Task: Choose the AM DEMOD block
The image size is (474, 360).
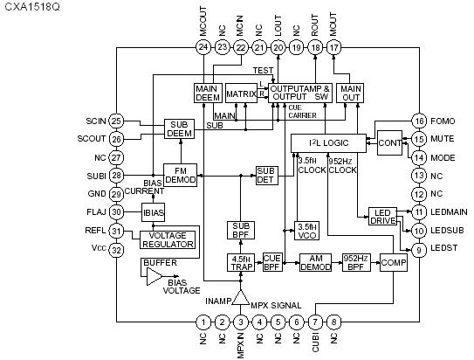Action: coord(315,262)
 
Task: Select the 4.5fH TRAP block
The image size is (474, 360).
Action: coord(241,261)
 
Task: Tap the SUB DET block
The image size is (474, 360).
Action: coord(265,174)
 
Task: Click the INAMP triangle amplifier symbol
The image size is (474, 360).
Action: coord(240,299)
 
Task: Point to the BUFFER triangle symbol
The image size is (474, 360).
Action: coord(154,277)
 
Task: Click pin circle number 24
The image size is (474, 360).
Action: coord(203,47)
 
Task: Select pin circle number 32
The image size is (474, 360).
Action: coord(117,249)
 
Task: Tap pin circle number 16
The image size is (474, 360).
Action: coord(419,121)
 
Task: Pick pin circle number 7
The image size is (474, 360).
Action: coord(315,322)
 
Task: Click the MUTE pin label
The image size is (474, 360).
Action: coord(443,139)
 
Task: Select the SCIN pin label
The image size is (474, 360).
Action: coord(97,120)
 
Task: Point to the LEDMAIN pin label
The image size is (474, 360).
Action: coord(450,212)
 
